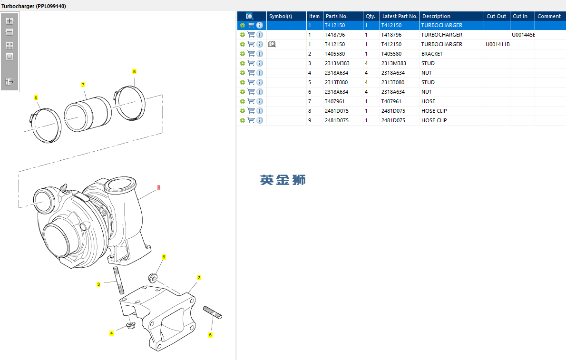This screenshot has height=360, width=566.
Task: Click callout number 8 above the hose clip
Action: pyautogui.click(x=134, y=71)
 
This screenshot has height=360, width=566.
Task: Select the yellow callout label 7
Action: pyautogui.click(x=83, y=85)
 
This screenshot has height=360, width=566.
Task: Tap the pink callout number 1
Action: pyautogui.click(x=159, y=188)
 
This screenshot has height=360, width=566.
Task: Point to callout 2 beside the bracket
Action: pyautogui.click(x=199, y=277)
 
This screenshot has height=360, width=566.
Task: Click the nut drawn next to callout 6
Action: pyautogui.click(x=153, y=277)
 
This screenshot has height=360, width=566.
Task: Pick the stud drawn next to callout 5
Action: pyautogui.click(x=212, y=312)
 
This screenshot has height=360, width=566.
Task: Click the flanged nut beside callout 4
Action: pyautogui.click(x=130, y=326)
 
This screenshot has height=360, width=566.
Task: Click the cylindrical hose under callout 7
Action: pyautogui.click(x=88, y=115)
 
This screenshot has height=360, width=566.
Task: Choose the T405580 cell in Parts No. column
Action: pyautogui.click(x=335, y=54)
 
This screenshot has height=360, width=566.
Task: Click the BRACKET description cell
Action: pyautogui.click(x=432, y=54)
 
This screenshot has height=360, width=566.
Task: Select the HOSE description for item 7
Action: pyautogui.click(x=428, y=101)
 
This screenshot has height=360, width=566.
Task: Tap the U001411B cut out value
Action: pyautogui.click(x=497, y=44)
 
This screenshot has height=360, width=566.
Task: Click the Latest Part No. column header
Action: pyautogui.click(x=400, y=16)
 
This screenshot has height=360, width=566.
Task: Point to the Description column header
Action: pyautogui.click(x=436, y=16)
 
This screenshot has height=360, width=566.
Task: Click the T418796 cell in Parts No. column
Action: pyautogui.click(x=335, y=35)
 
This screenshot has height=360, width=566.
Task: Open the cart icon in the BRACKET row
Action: pyautogui.click(x=251, y=54)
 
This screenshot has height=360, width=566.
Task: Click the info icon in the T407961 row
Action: pyautogui.click(x=260, y=101)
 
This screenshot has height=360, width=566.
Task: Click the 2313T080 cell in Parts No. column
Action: pyautogui.click(x=336, y=82)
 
